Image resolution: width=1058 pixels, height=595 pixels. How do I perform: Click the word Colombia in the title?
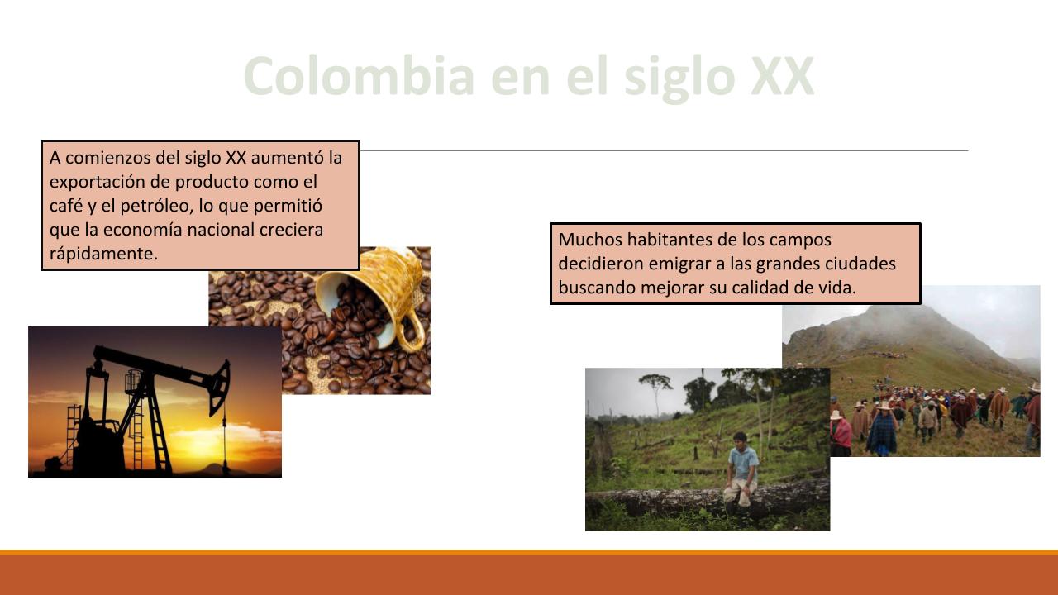359,76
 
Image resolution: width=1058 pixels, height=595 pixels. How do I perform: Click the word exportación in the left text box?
97,182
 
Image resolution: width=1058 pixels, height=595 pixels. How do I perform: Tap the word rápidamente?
103,254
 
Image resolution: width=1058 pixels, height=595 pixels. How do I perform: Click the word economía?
143,230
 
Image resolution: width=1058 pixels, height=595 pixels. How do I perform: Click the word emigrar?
679,264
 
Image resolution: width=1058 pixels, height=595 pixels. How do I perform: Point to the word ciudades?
860,264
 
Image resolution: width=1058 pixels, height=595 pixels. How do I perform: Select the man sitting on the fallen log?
741,470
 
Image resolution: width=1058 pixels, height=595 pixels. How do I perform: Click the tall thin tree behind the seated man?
656,392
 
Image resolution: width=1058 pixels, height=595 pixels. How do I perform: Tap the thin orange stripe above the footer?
529,552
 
